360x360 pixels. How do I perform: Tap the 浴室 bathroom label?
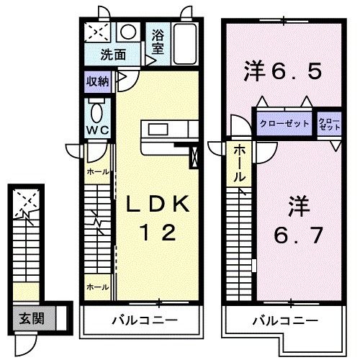[158, 40]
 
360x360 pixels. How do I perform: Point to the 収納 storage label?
[98, 81]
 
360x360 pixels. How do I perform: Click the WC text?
[97, 130]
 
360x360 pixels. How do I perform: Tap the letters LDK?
[158, 205]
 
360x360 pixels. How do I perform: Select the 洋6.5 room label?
[281, 72]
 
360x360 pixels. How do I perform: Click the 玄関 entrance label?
[32, 317]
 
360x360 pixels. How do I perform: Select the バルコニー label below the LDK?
[144, 320]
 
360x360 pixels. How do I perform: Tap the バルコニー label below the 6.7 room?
[284, 320]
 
